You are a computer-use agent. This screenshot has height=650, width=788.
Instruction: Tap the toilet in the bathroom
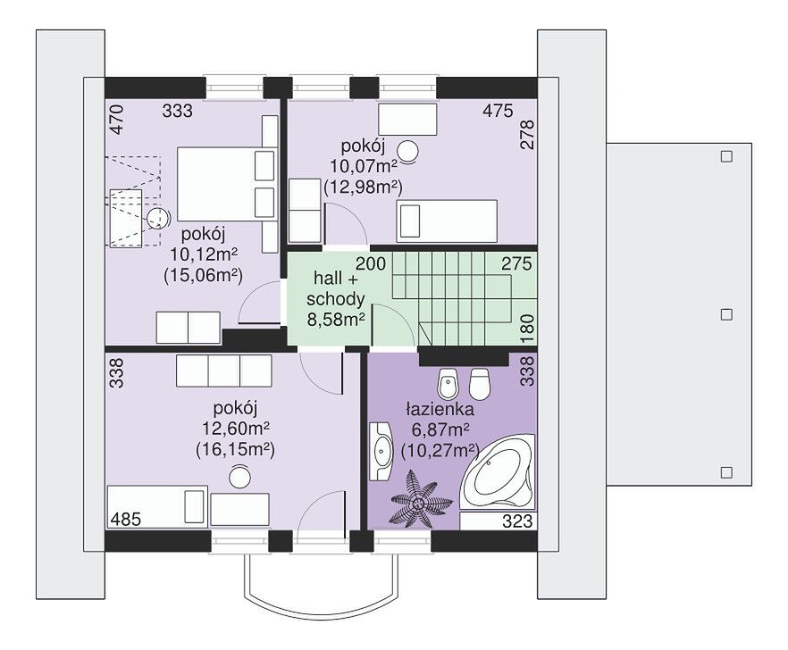(479, 384)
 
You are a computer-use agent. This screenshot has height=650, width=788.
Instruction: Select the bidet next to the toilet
(447, 384)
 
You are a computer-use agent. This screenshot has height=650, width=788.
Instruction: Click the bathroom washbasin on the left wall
(381, 451)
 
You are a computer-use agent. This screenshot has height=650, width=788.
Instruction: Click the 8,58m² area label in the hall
(336, 320)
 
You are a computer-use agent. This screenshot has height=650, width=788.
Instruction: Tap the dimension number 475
(498, 111)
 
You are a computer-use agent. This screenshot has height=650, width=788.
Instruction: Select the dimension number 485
(125, 519)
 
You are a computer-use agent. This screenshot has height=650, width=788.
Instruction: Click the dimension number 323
(517, 521)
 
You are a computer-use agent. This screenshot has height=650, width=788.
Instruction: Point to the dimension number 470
(116, 119)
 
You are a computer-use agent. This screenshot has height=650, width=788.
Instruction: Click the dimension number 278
(527, 134)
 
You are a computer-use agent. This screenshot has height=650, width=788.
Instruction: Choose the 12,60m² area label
(236, 429)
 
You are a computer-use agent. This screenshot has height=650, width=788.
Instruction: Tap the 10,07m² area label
(364, 166)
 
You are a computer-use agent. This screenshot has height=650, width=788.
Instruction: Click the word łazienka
(440, 410)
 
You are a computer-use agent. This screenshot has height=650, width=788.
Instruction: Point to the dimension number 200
(371, 263)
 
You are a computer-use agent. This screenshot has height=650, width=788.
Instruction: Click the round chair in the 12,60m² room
(239, 476)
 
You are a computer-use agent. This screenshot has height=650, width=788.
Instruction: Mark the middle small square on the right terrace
(726, 314)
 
